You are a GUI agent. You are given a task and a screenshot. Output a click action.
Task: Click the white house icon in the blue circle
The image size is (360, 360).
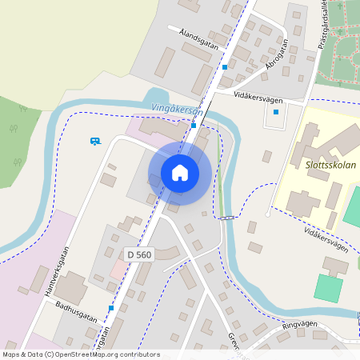(x=180, y=173)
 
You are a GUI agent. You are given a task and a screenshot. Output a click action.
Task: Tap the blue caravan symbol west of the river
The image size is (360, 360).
(x=95, y=141)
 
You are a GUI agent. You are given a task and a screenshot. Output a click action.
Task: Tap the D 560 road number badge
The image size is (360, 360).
(x=138, y=254)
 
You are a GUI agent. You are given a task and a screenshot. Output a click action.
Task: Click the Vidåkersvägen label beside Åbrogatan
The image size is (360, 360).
(x=259, y=94)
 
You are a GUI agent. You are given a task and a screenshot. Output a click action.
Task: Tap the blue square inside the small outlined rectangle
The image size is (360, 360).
(x=276, y=112)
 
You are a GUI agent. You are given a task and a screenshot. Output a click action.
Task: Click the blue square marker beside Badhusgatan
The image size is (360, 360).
(x=111, y=308)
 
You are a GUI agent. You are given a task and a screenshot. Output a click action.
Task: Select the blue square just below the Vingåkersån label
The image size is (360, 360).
(x=194, y=125)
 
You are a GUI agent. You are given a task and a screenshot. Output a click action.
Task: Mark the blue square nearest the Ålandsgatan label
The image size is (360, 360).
(x=225, y=67)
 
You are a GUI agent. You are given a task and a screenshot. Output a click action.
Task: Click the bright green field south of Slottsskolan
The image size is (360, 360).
(x=328, y=287)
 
